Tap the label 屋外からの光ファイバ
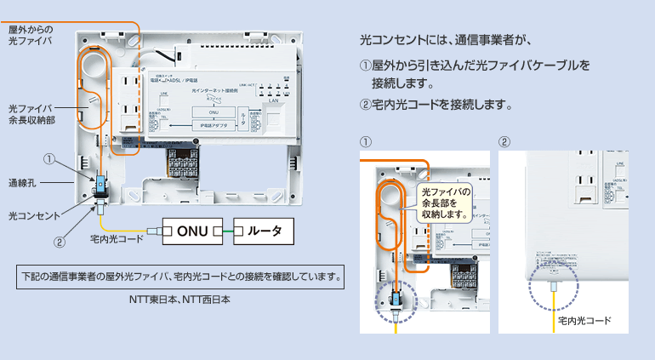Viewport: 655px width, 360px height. [31, 35]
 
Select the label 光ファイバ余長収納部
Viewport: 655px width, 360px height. [31, 115]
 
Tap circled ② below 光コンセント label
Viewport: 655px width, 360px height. [59, 241]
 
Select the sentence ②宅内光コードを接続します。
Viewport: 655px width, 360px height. [436, 106]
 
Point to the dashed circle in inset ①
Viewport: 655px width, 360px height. [396, 302]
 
